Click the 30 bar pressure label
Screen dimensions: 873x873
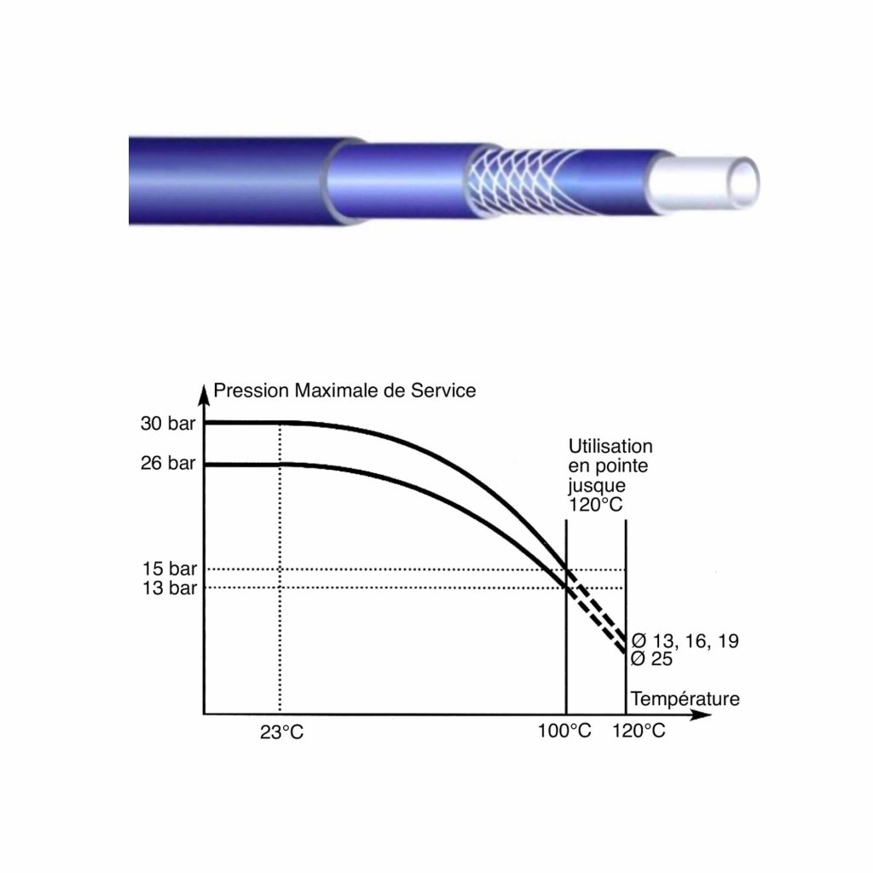pos(168,424)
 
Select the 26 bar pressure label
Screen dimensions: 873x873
pos(168,463)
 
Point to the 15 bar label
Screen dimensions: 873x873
pos(170,569)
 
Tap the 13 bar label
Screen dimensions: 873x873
pos(170,588)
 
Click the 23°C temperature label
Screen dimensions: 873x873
pos(281,732)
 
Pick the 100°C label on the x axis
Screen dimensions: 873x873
pos(564,731)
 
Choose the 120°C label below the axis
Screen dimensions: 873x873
pos(639,731)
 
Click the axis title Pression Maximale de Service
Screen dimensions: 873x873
pos(344,390)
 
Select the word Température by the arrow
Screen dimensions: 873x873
pos(685,699)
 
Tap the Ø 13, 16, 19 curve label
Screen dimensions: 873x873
pos(685,641)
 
